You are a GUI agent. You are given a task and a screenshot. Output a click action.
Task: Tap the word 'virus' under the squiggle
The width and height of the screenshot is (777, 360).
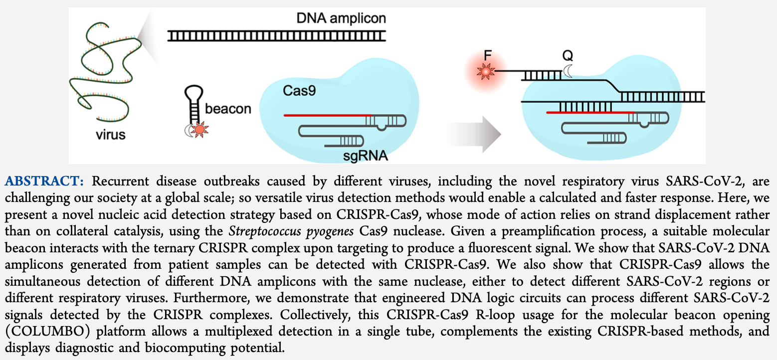coord(111,135)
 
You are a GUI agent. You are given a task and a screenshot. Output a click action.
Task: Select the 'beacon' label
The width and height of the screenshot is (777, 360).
coord(228,109)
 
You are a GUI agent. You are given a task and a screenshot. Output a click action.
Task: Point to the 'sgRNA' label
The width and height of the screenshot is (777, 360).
coord(366,158)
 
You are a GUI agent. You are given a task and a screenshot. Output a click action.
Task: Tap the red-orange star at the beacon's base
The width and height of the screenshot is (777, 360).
coord(199,130)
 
